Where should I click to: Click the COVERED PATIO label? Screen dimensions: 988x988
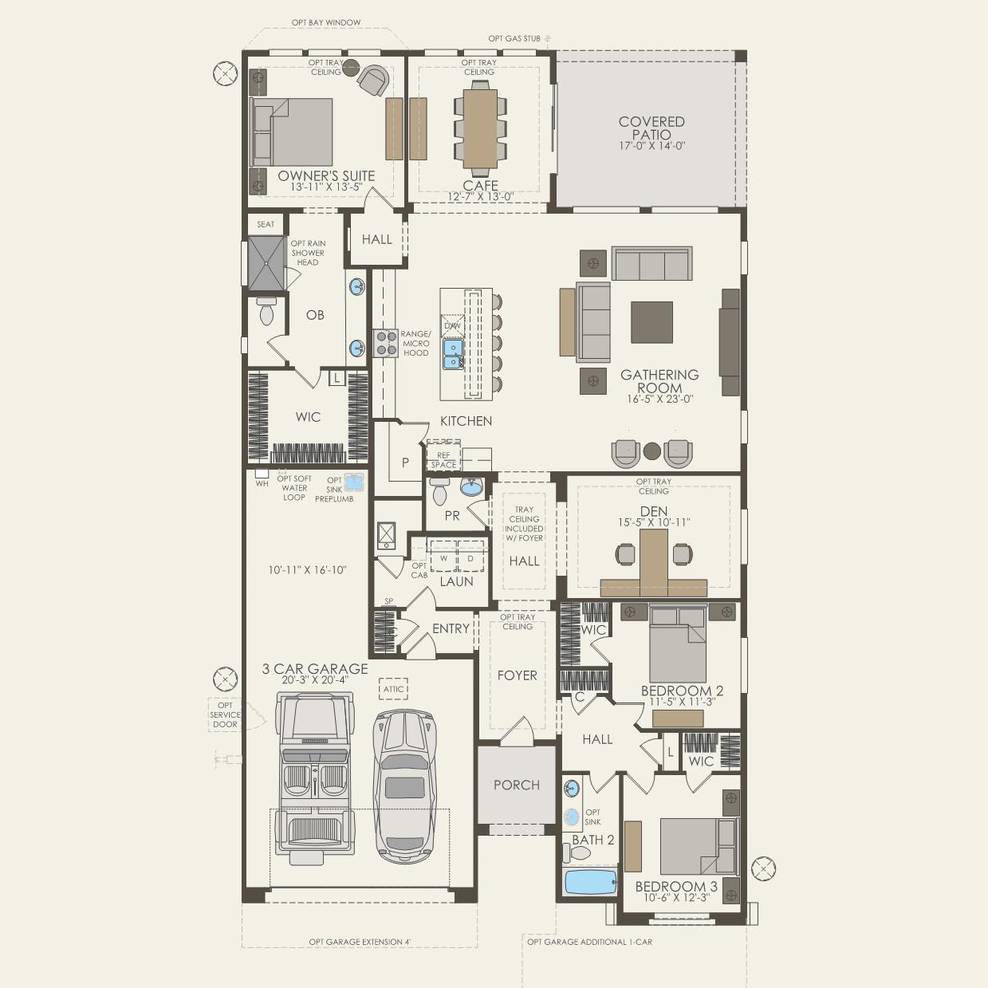[x=651, y=128]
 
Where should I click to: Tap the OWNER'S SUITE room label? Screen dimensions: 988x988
[x=326, y=176]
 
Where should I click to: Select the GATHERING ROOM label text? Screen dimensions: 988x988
[x=659, y=381]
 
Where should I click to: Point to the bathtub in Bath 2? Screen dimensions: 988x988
[x=590, y=883]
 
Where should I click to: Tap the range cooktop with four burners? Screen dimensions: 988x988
[x=386, y=342]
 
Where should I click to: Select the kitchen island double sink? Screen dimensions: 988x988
[x=453, y=354]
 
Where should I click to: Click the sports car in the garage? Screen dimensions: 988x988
[x=406, y=785]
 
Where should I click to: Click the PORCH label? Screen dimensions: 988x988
[x=516, y=785]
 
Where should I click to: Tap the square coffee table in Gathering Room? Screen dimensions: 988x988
[x=651, y=322]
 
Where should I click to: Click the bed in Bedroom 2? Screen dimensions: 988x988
[x=678, y=644]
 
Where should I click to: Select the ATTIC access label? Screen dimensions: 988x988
[x=394, y=689]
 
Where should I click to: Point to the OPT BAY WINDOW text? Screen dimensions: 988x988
[x=325, y=23]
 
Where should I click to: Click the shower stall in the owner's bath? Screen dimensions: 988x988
[x=266, y=264]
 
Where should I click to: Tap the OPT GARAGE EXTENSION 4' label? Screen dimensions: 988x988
[x=360, y=942]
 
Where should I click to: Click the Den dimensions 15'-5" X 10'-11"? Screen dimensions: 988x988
[x=653, y=522]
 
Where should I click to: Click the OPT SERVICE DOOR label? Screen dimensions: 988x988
[x=225, y=714]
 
